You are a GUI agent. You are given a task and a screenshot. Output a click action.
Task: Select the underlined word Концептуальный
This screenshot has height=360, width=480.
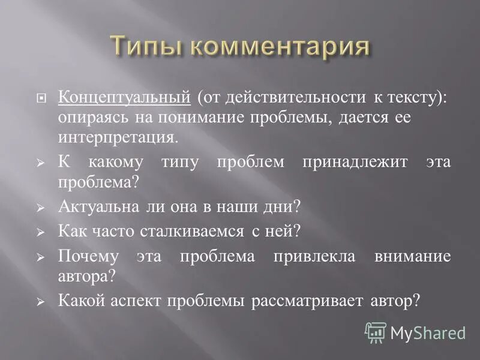[124, 97]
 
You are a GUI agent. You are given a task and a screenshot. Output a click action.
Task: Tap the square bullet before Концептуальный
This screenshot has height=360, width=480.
[41, 98]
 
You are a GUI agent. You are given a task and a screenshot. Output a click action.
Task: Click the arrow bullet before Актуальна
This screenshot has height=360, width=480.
[41, 207]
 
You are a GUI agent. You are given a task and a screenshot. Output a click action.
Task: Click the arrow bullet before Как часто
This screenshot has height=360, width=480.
[41, 232]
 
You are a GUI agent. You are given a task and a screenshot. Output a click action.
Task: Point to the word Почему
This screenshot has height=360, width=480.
[88, 256]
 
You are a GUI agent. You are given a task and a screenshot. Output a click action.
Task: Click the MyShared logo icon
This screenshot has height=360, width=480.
[376, 332]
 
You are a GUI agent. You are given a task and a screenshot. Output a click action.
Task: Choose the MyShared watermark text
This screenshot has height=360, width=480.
[428, 332]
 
